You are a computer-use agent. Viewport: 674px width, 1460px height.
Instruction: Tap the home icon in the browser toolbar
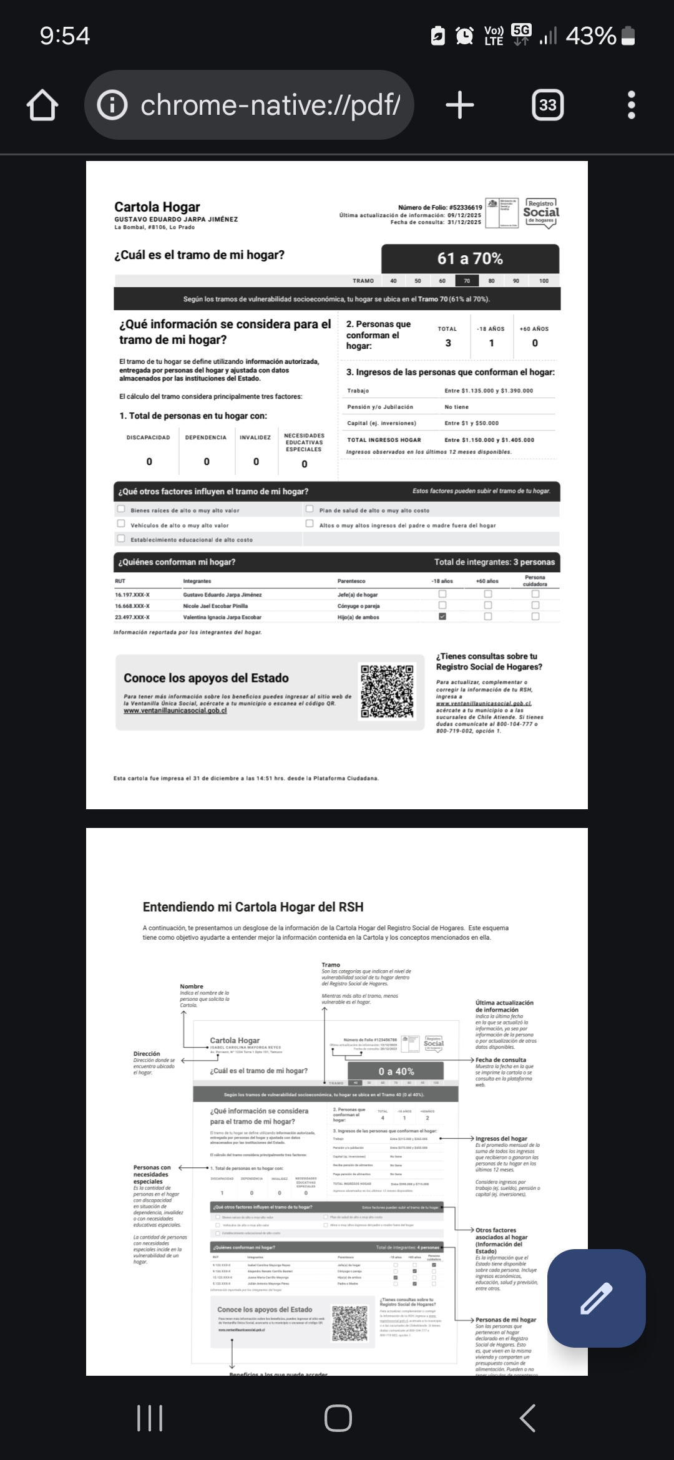pyautogui.click(x=42, y=105)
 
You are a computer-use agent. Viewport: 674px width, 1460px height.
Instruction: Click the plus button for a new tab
pyautogui.click(x=460, y=105)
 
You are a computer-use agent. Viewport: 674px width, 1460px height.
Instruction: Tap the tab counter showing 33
pyautogui.click(x=547, y=105)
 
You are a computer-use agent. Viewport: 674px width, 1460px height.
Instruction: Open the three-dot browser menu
pyautogui.click(x=631, y=105)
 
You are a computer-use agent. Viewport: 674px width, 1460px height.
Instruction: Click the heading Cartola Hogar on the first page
pyautogui.click(x=157, y=207)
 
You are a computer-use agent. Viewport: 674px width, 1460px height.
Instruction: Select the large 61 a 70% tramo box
pyautogui.click(x=470, y=259)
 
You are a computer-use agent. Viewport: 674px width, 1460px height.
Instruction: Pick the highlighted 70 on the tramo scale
pyautogui.click(x=467, y=281)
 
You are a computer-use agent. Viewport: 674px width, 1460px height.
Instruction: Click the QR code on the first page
pyautogui.click(x=387, y=691)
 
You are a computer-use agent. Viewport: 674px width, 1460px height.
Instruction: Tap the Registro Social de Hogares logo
pyautogui.click(x=540, y=213)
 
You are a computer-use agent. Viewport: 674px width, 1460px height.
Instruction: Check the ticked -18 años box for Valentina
pyautogui.click(x=442, y=616)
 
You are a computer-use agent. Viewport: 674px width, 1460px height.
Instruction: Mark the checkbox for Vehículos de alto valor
pyautogui.click(x=121, y=524)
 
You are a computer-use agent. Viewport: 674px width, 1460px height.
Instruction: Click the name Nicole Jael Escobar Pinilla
pyautogui.click(x=215, y=606)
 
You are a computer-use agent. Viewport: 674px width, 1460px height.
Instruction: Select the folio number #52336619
pyautogui.click(x=465, y=207)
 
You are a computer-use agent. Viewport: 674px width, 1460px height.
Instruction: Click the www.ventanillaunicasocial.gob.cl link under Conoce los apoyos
pyautogui.click(x=175, y=711)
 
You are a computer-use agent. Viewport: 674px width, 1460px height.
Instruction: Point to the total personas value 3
pyautogui.click(x=447, y=343)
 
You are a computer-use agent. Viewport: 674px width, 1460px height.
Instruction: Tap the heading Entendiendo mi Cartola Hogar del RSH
pyautogui.click(x=253, y=907)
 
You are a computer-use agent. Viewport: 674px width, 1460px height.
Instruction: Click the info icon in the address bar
pyautogui.click(x=112, y=105)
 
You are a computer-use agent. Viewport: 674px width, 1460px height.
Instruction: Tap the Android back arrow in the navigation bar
pyautogui.click(x=527, y=1418)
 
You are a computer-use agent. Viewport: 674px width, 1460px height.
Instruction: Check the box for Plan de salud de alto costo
pyautogui.click(x=310, y=509)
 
